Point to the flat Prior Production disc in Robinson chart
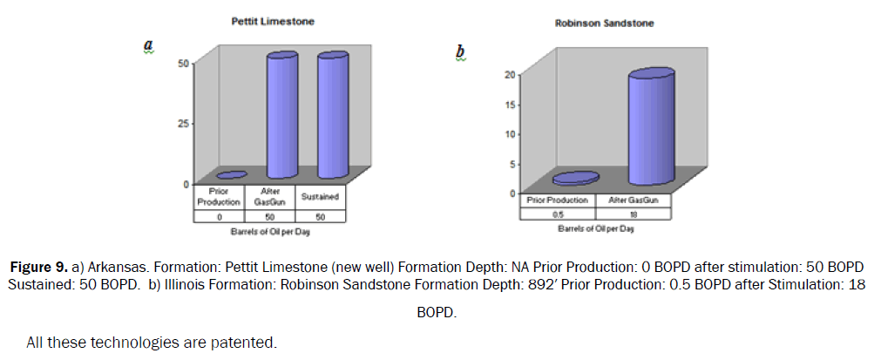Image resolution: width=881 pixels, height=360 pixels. coord(576,178)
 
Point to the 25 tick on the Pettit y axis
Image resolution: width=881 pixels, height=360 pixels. coord(183,123)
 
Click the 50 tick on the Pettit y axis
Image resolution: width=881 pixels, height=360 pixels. coord(183,63)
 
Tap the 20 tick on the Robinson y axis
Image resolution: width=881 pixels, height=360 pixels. coord(510,75)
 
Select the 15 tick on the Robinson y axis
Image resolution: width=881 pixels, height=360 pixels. coord(510,105)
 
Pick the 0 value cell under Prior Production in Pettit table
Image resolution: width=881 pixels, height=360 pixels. coord(220,216)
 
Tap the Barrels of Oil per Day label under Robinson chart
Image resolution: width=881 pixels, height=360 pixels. coord(596,229)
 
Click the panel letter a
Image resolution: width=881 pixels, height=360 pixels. coord(148,44)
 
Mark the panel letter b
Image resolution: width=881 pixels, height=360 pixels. coord(461,52)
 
